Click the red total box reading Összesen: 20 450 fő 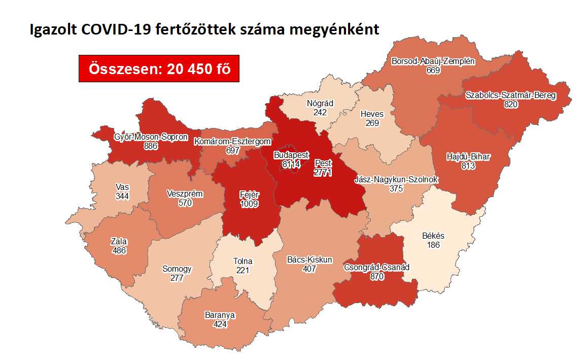tap(159, 68)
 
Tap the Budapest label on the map tap(291, 155)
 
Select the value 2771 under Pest tap(323, 173)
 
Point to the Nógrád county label tap(320, 103)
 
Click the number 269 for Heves tap(371, 122)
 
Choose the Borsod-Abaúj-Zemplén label tap(433, 61)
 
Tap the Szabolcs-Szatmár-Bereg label tap(510, 95)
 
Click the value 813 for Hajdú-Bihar tap(468, 165)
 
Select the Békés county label tap(433, 236)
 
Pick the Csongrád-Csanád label tap(376, 267)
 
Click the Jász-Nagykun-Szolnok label tap(396, 180)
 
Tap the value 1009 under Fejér tap(250, 204)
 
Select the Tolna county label tap(243, 261)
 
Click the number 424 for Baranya tap(220, 323)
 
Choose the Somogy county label tap(177, 269)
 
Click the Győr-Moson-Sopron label tap(151, 137)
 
